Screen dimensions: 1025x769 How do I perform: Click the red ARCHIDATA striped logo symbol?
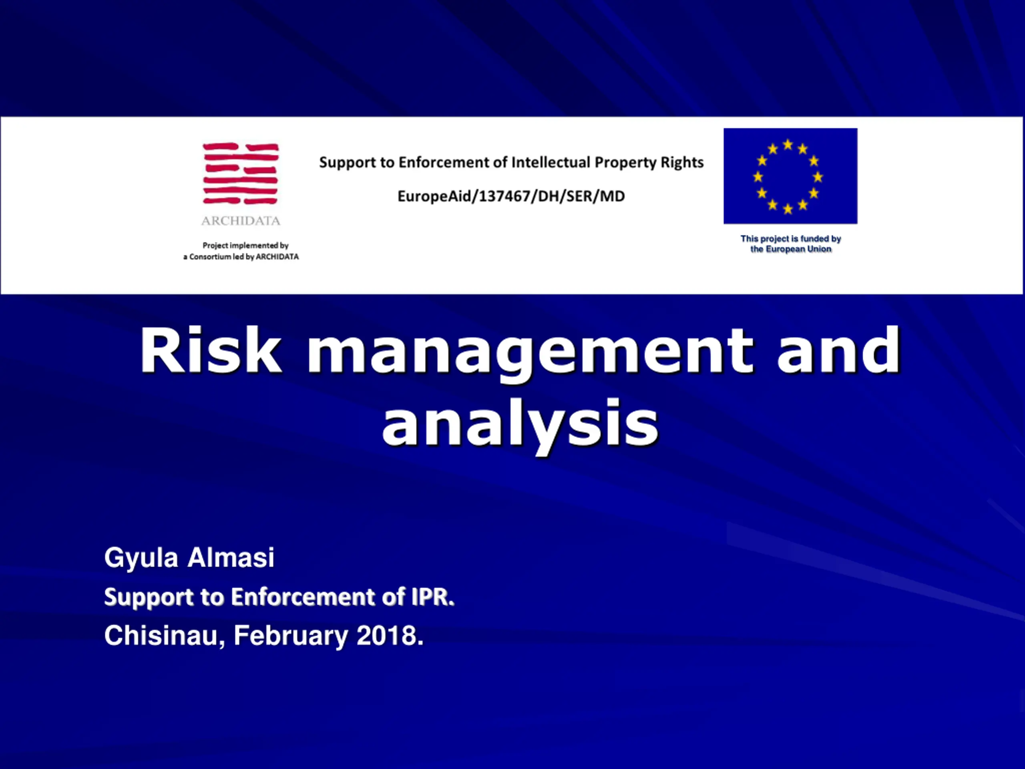pos(241,173)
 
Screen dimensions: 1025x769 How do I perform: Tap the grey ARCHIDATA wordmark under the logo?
pos(241,221)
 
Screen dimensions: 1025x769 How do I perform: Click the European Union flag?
pos(790,176)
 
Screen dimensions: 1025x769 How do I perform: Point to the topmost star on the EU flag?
pos(788,145)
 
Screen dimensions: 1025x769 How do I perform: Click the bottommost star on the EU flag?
pos(788,209)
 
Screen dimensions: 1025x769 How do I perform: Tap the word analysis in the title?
pos(521,425)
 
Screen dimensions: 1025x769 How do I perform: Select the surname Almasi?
pos(231,557)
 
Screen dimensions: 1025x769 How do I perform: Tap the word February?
pos(291,636)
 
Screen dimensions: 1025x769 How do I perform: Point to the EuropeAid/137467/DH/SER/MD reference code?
pos(511,196)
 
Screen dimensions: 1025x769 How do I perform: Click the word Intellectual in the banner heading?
pos(551,162)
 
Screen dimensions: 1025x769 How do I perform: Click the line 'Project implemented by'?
pos(245,245)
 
